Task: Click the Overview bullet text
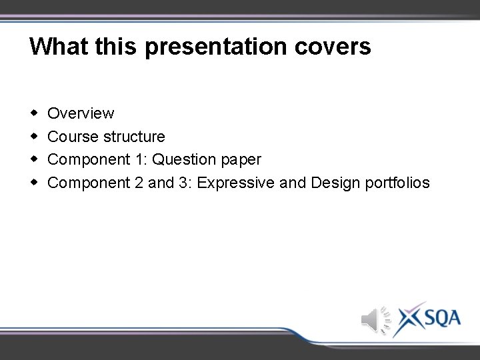pos(81,113)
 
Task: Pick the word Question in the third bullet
pos(183,160)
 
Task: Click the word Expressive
pos(236,183)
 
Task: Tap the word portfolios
pos(398,183)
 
